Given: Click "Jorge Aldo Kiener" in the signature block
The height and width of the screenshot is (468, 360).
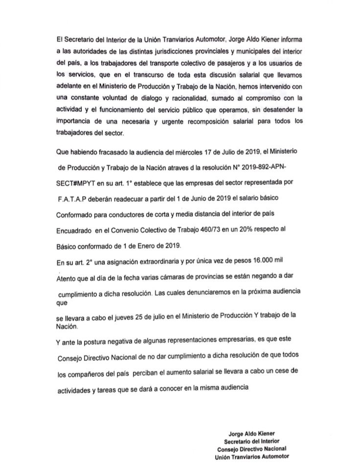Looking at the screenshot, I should tap(252, 433).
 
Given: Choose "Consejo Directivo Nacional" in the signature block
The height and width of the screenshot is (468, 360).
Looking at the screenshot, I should tap(252, 449).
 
